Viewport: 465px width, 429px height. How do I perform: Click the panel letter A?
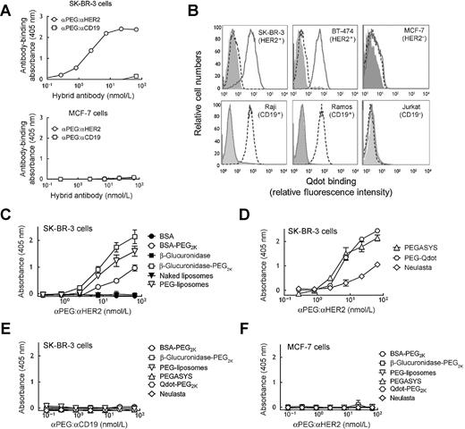coord(7,7)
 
